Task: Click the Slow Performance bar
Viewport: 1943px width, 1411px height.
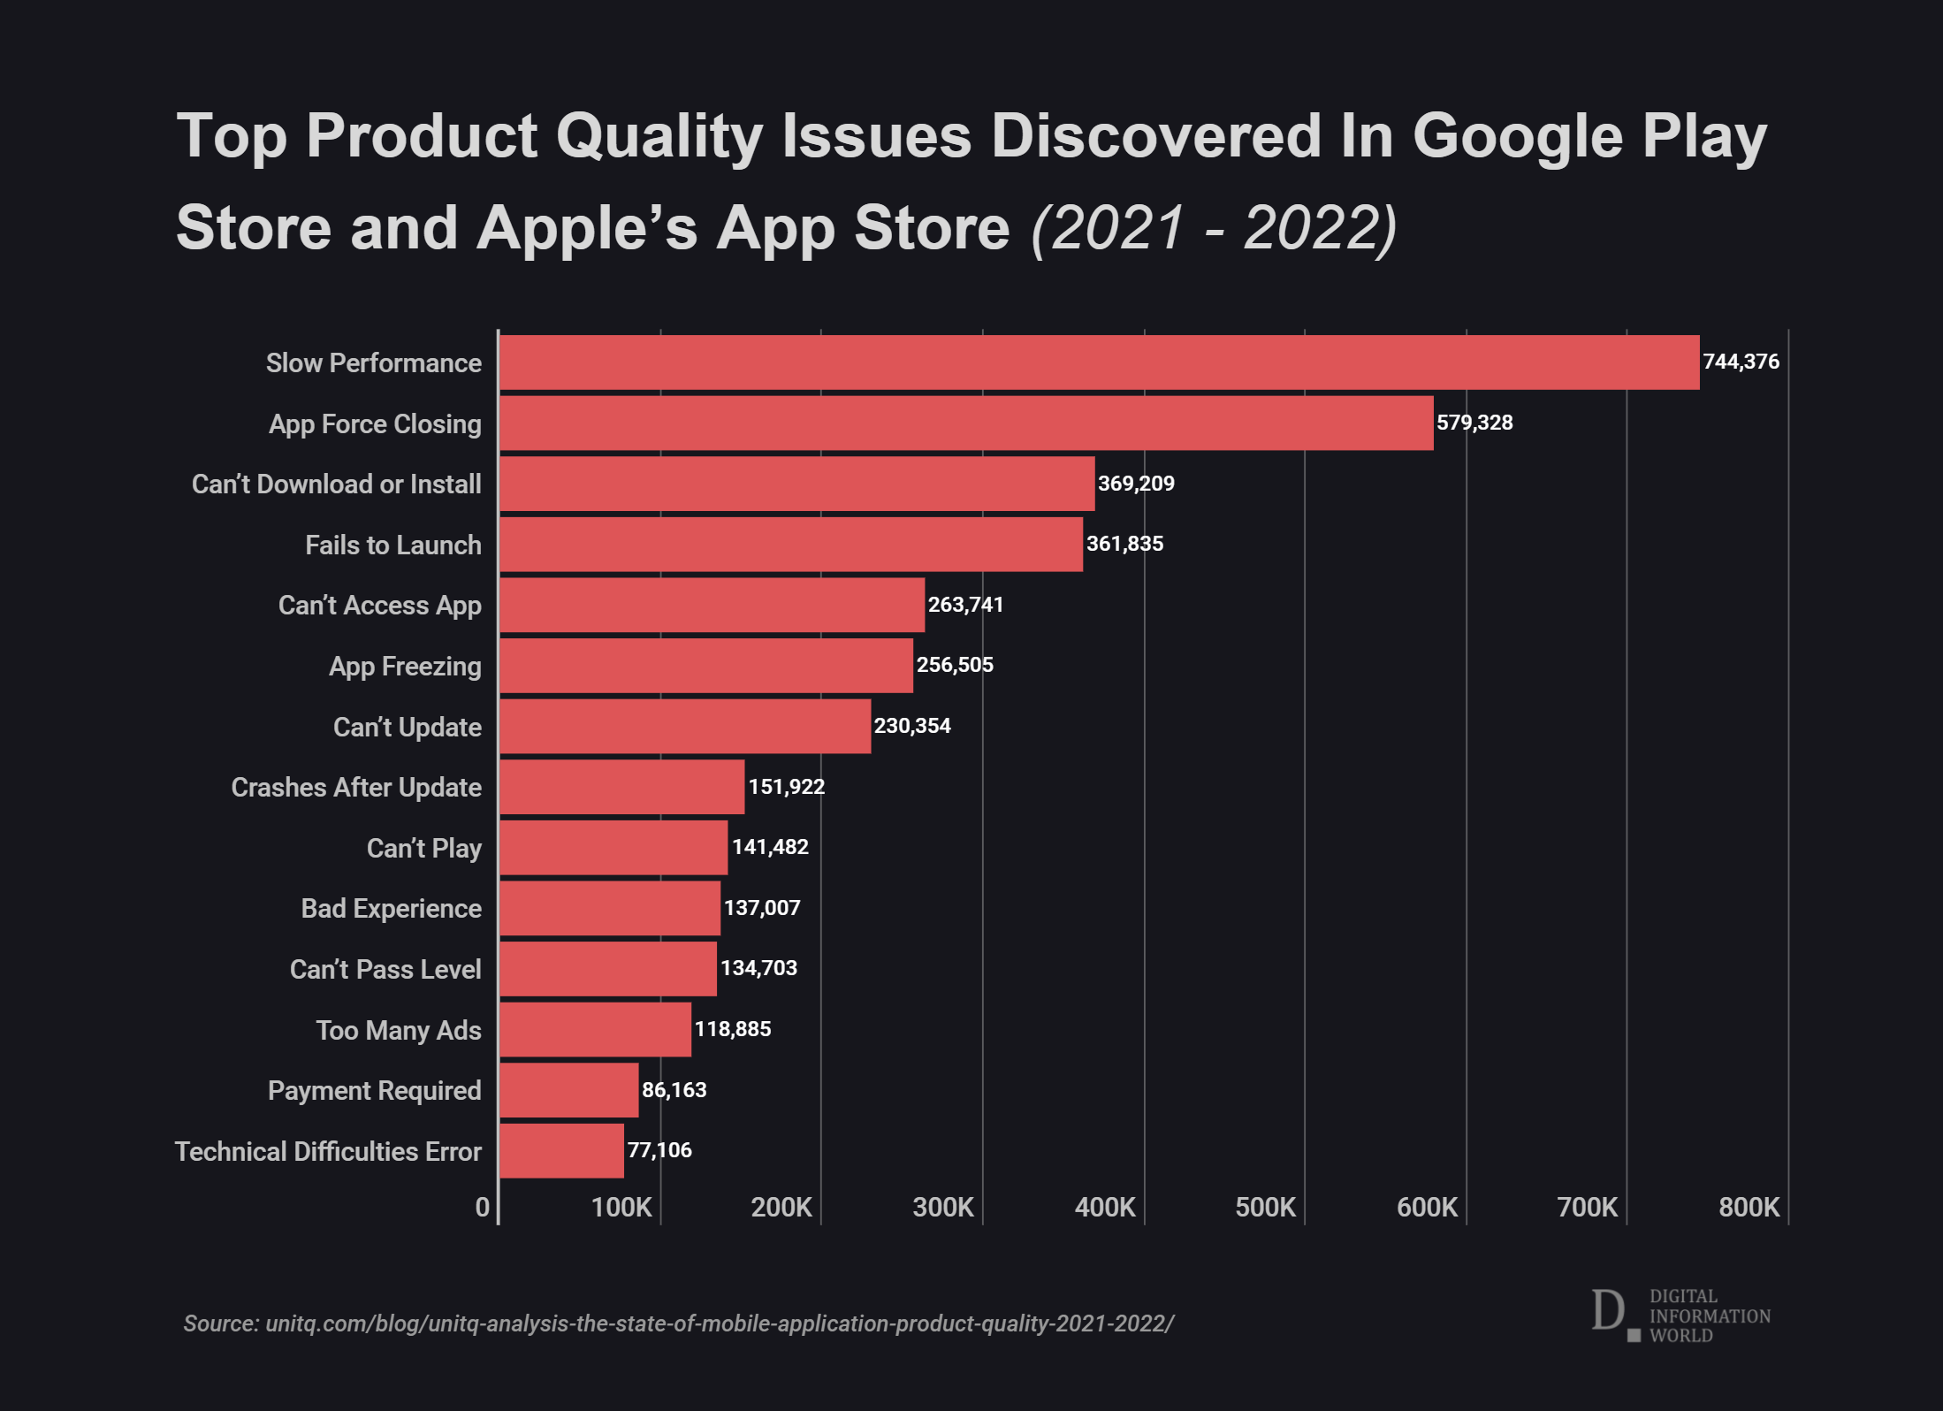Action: [1099, 362]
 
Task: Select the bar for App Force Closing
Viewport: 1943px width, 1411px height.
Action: [966, 423]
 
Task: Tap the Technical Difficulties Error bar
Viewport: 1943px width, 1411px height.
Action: [561, 1151]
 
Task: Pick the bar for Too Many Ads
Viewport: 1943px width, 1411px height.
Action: [595, 1029]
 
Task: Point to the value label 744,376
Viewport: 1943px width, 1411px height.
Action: [1741, 362]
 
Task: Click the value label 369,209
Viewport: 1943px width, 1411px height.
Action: [1136, 484]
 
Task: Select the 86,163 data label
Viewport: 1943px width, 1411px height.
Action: [674, 1090]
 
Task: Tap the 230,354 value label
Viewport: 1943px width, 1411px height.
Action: [912, 726]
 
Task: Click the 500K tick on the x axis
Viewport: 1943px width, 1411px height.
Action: [1265, 1208]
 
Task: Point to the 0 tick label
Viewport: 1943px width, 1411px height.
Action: [482, 1208]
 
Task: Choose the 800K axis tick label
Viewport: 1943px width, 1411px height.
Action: [1749, 1208]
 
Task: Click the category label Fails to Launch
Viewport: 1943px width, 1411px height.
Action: [393, 545]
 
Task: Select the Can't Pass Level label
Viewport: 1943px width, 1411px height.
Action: [385, 970]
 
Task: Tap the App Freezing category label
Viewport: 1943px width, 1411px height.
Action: [405, 667]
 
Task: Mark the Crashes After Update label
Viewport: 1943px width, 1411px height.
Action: [356, 788]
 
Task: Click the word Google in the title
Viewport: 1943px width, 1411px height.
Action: [1517, 137]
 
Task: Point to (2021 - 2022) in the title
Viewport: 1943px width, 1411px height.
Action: [1214, 228]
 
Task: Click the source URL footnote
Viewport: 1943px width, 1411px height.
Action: [678, 1323]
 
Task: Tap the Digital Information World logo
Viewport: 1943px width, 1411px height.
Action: [1680, 1315]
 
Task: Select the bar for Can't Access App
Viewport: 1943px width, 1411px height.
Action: [712, 606]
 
